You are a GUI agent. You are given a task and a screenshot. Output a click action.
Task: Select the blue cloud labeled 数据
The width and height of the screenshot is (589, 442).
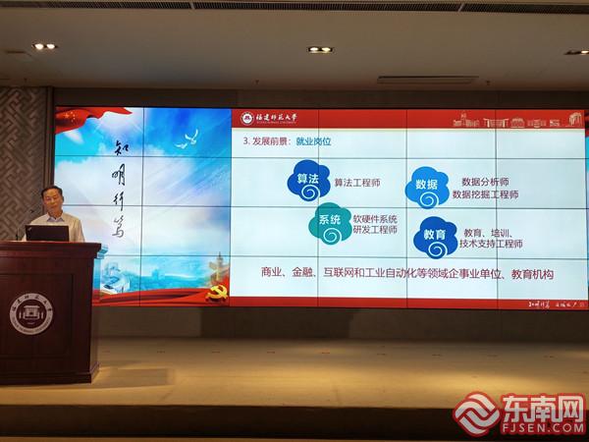tap(427, 186)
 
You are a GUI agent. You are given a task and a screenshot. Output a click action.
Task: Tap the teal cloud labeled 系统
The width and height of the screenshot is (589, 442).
tap(330, 223)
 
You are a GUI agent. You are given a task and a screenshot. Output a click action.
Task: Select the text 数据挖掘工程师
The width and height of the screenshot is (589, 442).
tap(486, 194)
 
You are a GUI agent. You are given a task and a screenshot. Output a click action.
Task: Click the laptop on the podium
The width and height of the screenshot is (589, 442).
tap(48, 233)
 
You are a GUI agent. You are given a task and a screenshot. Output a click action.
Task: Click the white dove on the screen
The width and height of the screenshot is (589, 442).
tap(187, 138)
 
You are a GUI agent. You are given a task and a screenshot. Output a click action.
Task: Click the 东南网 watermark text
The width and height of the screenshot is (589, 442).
tap(544, 408)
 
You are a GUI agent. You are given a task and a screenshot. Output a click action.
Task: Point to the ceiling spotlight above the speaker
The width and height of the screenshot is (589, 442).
tap(44, 46)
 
